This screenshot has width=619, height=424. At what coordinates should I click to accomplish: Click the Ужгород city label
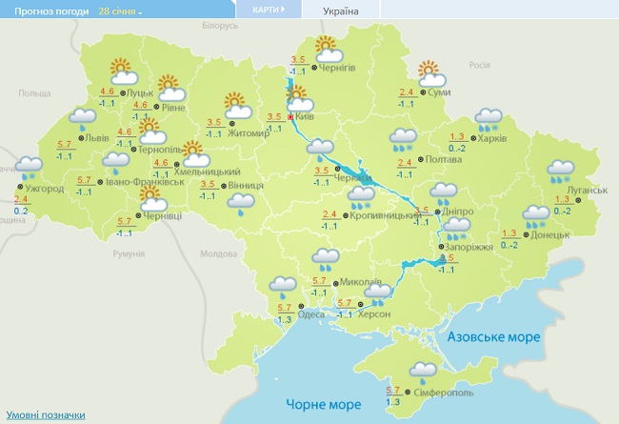[45, 189]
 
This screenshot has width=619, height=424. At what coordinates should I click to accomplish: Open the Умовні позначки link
[46, 415]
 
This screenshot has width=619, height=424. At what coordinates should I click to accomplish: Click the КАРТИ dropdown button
[269, 10]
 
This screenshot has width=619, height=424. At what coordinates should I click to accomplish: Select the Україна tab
[341, 10]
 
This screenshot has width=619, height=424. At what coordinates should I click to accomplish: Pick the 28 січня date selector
[120, 11]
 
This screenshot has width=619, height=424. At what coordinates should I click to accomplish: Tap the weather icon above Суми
[430, 72]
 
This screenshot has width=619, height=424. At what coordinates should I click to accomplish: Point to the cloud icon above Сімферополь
[422, 371]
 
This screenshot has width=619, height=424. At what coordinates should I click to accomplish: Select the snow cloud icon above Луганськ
[560, 171]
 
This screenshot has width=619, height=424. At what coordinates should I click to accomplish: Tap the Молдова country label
[218, 253]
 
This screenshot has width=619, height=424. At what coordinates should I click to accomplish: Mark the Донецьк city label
[550, 233]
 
